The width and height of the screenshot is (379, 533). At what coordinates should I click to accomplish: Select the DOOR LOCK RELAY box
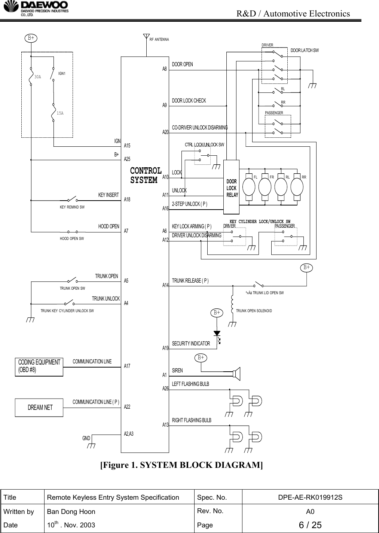231,186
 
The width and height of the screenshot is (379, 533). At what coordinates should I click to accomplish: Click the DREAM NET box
39,407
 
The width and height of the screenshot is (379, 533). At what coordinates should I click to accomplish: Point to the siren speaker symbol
236,373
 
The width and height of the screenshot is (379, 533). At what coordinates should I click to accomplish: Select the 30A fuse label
37,77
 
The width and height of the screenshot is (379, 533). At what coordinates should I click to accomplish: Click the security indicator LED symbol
217,333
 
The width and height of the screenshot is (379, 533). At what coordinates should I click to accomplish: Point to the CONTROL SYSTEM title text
146,175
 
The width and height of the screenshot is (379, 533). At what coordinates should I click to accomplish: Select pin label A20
165,132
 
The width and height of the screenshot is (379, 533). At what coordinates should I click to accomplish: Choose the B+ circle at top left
31,37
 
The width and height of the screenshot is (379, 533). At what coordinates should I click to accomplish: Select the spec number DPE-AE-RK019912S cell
310,497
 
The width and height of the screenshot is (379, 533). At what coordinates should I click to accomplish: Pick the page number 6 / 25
310,525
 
